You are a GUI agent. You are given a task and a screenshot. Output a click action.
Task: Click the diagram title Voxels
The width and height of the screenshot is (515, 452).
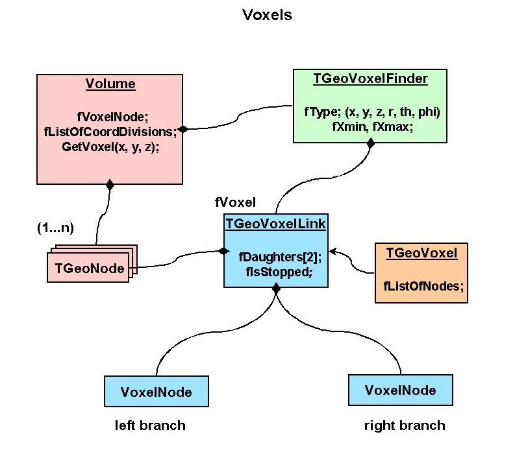pyautogui.click(x=267, y=15)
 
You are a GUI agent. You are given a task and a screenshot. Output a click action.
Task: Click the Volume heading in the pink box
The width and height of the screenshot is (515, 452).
pyautogui.click(x=110, y=84)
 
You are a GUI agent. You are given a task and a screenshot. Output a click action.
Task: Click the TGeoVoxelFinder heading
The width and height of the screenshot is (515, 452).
pyautogui.click(x=370, y=78)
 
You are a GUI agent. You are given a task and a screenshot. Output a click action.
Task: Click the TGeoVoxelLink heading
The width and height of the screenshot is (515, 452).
pyautogui.click(x=275, y=224)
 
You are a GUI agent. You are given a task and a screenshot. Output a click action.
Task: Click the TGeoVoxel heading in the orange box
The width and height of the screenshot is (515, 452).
pyautogui.click(x=421, y=254)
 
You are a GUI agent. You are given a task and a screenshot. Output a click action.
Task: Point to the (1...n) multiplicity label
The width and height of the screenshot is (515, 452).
pyautogui.click(x=55, y=228)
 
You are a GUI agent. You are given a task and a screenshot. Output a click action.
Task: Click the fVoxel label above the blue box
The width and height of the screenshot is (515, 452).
pyautogui.click(x=235, y=202)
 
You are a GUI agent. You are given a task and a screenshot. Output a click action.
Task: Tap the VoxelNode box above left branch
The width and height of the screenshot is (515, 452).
pyautogui.click(x=157, y=392)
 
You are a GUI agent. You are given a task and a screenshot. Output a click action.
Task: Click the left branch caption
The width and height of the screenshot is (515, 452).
pyautogui.click(x=150, y=425)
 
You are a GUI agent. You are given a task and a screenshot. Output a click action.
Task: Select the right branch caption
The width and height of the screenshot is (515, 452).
pyautogui.click(x=405, y=425)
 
